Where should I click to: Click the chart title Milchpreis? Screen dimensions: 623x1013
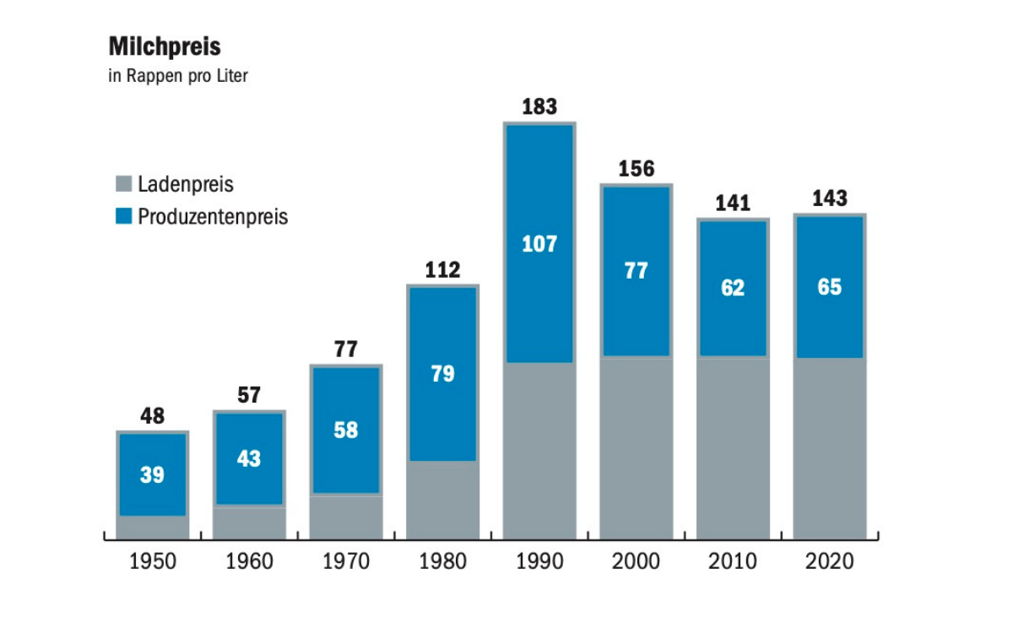[165, 46]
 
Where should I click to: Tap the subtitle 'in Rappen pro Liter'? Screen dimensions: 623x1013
[177, 76]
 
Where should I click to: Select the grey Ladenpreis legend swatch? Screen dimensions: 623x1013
[124, 184]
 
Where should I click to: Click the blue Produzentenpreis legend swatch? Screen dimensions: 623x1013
[124, 217]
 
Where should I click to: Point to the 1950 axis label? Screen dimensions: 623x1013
[153, 561]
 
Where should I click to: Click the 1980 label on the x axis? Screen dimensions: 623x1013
[442, 561]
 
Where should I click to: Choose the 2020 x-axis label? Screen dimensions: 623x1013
[830, 561]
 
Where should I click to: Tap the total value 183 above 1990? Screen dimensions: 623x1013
[539, 107]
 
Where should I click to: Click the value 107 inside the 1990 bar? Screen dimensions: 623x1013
[539, 244]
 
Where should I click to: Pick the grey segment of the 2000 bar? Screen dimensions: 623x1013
[637, 447]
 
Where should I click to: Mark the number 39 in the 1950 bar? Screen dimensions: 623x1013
[152, 475]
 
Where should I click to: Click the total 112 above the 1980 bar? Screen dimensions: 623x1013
[442, 270]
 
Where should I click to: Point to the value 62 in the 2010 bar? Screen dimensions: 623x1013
[733, 288]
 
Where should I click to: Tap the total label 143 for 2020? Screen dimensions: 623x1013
[830, 199]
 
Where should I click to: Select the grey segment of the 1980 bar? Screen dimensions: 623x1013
[442, 500]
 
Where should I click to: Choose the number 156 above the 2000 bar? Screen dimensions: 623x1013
[637, 169]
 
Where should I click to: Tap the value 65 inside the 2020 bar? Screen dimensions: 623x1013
[830, 287]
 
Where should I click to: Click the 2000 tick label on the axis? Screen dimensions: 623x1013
[637, 561]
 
